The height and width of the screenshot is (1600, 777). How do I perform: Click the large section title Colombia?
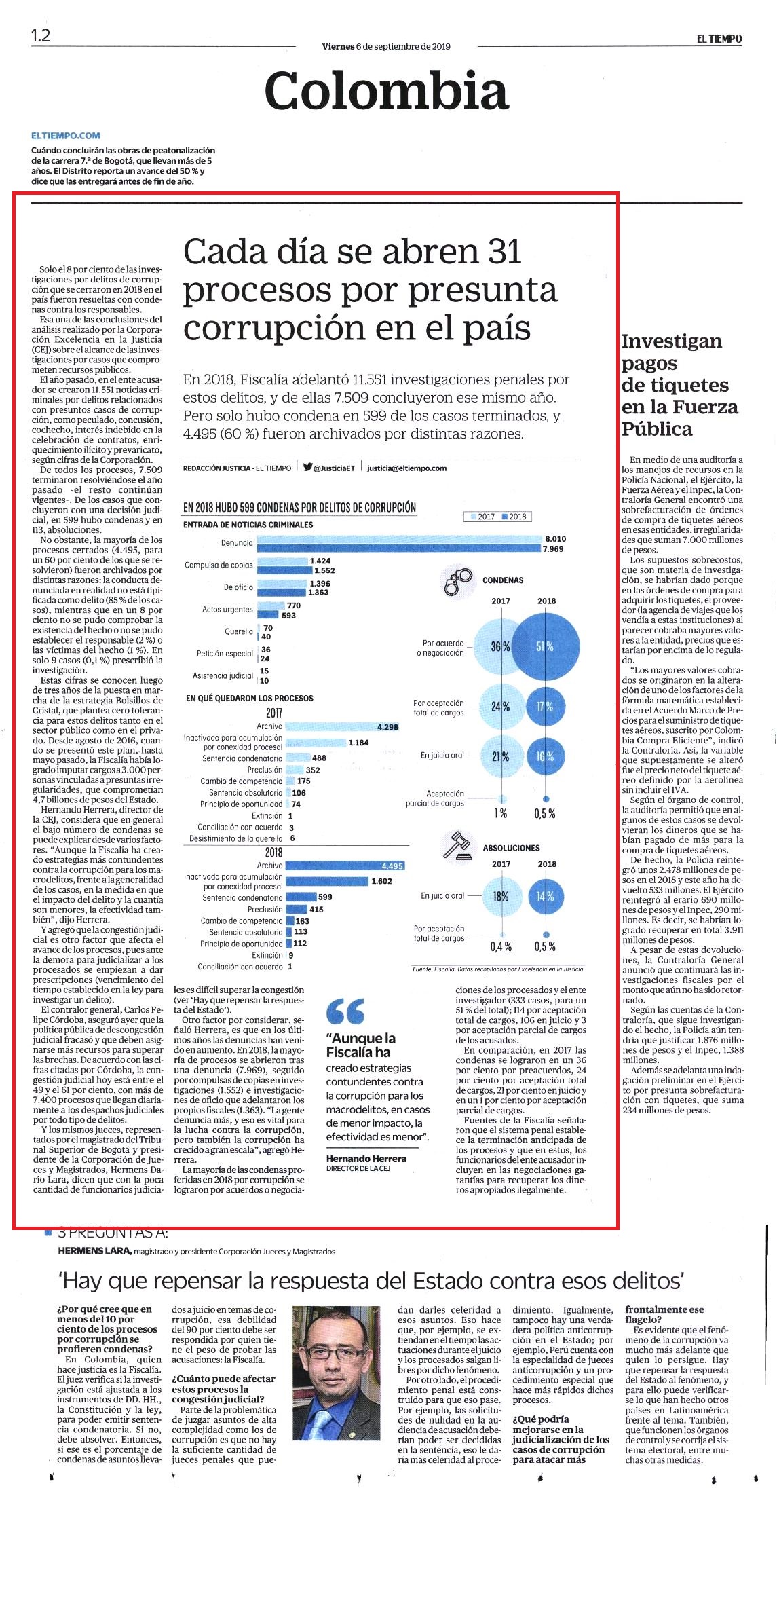coord(386,91)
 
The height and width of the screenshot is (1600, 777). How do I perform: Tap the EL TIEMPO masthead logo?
coord(719,39)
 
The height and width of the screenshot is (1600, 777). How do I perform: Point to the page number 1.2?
coord(41,35)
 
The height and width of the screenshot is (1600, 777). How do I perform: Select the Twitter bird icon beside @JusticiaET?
coord(308,467)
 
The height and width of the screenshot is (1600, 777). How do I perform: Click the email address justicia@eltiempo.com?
coord(406,468)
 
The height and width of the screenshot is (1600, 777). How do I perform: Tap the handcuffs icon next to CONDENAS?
coord(459,580)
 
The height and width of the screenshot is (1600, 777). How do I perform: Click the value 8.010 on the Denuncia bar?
coord(555,538)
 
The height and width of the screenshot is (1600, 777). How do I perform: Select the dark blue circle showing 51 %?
coord(546,646)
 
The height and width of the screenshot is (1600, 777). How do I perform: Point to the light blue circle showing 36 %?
coord(500,646)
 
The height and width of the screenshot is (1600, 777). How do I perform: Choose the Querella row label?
coord(239,631)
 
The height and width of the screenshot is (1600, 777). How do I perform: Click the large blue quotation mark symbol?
coord(345,1011)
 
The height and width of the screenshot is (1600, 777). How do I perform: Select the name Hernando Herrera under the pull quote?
coord(366,1158)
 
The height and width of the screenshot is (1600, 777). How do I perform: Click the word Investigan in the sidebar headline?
coord(672,341)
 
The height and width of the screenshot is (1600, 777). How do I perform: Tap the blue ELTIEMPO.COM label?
coord(66,136)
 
